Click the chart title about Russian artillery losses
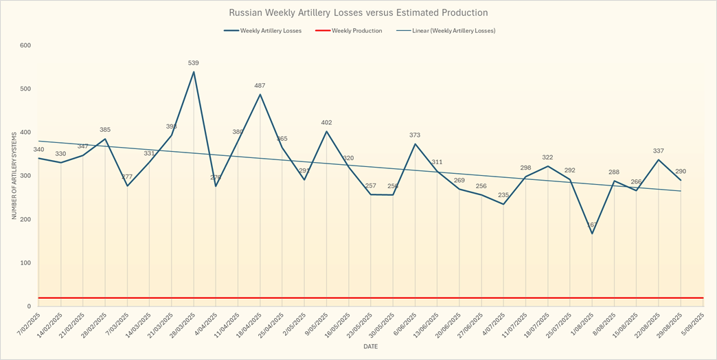(x=358, y=12)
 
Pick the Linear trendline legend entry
(x=453, y=31)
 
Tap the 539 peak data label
(x=194, y=63)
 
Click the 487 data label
(x=260, y=86)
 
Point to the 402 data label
(x=326, y=123)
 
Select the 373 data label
(x=415, y=135)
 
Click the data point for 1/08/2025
(x=592, y=234)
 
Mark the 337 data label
(x=659, y=151)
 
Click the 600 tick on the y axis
(x=26, y=45)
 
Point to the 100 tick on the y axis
(x=26, y=263)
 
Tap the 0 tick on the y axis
(x=29, y=306)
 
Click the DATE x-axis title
(x=370, y=347)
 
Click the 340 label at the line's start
(x=38, y=150)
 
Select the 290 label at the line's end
(x=681, y=172)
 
